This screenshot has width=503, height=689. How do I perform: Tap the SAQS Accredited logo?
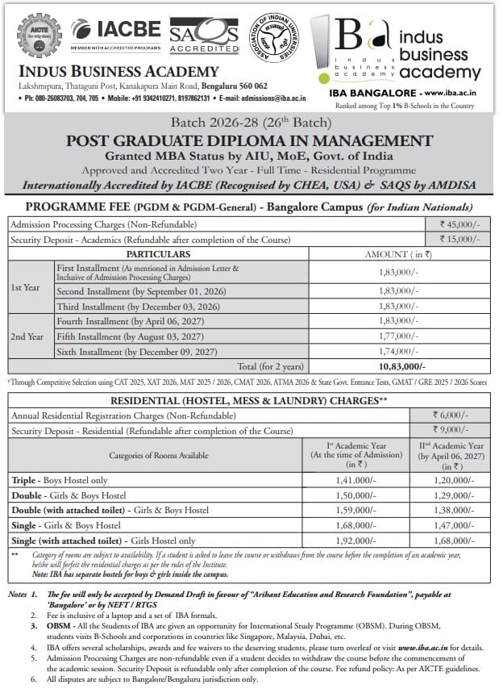point(205,35)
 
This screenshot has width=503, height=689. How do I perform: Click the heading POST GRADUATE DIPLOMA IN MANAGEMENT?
point(250,140)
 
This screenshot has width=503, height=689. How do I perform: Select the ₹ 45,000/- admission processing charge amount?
point(457,226)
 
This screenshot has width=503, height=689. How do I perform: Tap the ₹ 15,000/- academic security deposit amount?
point(457,240)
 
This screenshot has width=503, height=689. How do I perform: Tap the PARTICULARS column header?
point(158,253)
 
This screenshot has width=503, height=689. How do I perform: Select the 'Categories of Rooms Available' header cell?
point(158,455)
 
